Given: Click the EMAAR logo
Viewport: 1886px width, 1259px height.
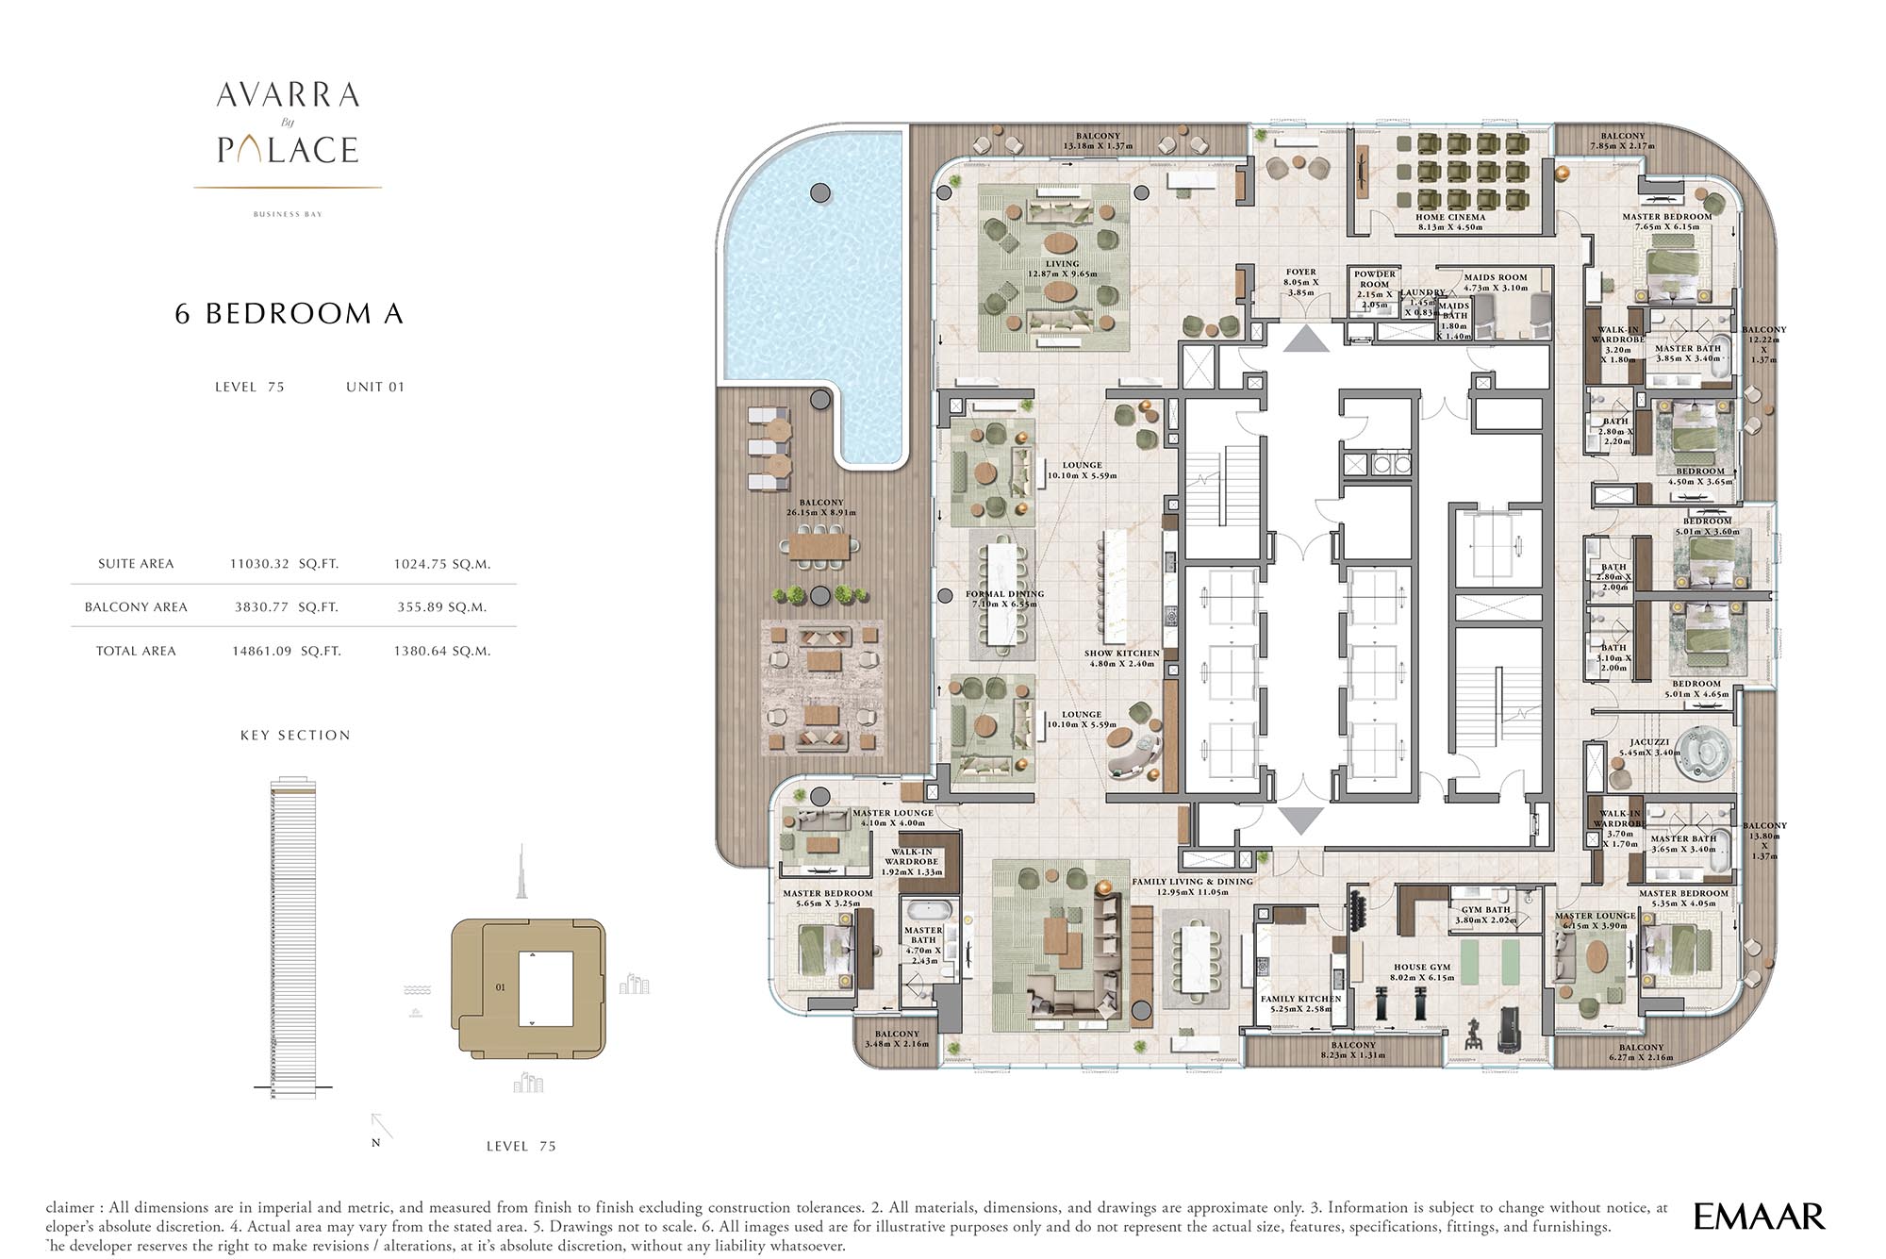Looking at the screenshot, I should click(x=1759, y=1217).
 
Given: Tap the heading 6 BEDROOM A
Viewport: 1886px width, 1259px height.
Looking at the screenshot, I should click(x=290, y=314).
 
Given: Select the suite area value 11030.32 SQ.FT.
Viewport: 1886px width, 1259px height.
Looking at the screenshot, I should click(x=284, y=564).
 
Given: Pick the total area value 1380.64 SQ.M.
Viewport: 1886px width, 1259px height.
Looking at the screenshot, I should click(x=442, y=651).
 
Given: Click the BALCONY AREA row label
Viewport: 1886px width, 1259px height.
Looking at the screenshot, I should click(x=136, y=607).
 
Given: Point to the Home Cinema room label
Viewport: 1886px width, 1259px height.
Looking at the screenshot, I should click(x=1449, y=222).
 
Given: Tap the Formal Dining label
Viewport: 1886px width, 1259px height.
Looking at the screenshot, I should click(x=1004, y=600).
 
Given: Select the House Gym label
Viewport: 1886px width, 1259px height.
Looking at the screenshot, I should click(x=1422, y=972).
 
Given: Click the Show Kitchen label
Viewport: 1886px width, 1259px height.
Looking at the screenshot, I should click(x=1121, y=657).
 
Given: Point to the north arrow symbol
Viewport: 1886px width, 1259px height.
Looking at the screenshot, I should click(x=381, y=1127).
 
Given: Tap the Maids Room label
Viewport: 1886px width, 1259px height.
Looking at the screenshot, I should click(x=1496, y=282).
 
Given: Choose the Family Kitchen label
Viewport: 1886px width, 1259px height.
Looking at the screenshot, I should click(x=1300, y=1003).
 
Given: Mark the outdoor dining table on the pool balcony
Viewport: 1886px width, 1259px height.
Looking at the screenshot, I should click(x=819, y=546).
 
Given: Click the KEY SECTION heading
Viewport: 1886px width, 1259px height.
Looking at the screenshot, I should click(x=295, y=736).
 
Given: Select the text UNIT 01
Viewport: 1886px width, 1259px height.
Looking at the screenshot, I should click(x=374, y=387).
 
